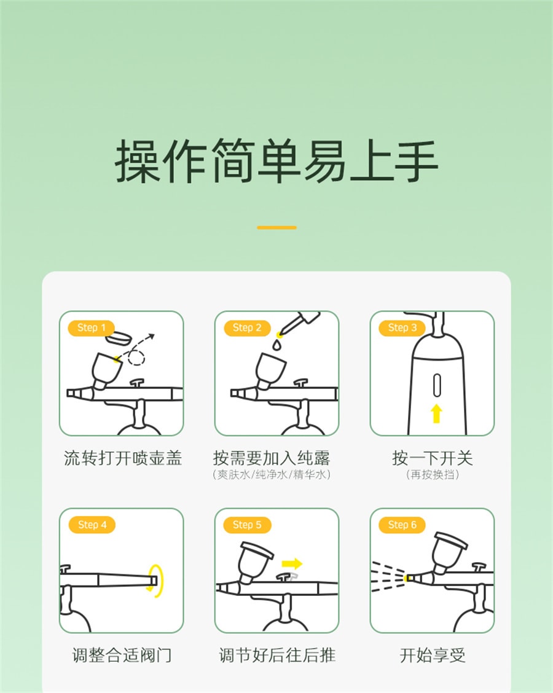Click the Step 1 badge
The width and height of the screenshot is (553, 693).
92,327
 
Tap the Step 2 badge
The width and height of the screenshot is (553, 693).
247,327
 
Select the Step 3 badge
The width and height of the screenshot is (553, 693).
402,327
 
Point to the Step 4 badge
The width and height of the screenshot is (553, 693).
92,525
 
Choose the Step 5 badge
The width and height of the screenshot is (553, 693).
247,525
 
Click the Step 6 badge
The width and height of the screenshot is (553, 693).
402,525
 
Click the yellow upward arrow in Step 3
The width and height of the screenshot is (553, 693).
436,413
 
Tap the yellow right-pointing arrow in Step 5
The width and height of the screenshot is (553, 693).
292,563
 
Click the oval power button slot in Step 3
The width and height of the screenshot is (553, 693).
436,385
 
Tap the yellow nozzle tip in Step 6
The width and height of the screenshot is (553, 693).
407,578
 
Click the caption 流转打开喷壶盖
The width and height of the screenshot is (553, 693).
123,458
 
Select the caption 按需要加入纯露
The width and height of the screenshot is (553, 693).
272,458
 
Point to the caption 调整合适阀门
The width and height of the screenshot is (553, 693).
121,655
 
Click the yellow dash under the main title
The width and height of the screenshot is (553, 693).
276,227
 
